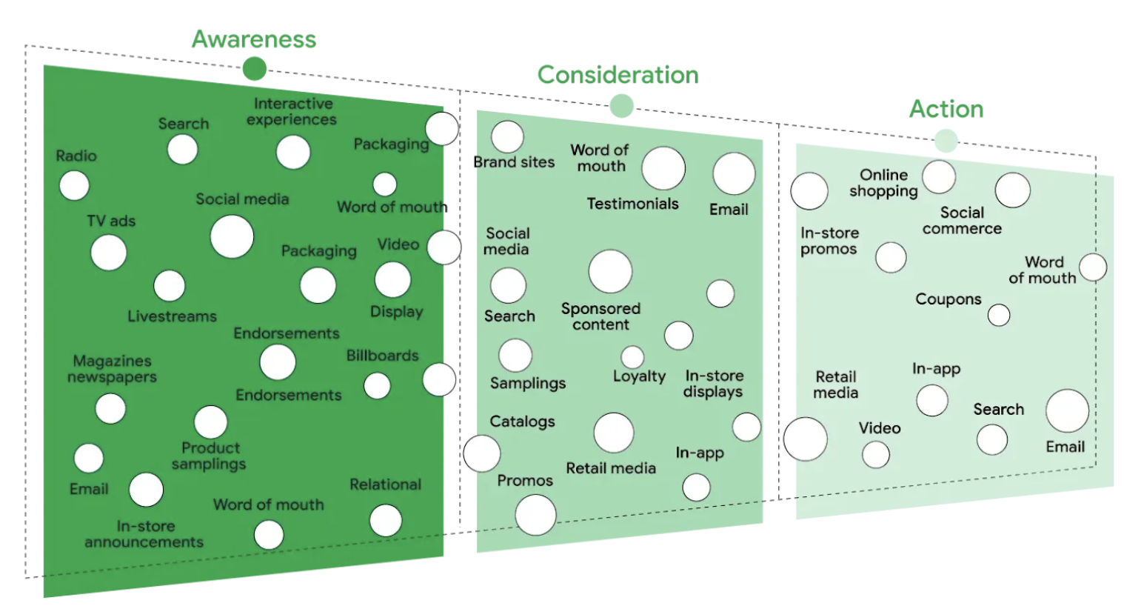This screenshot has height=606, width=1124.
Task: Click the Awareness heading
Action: pyautogui.click(x=254, y=39)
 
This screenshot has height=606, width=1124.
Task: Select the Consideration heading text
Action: pyautogui.click(x=618, y=75)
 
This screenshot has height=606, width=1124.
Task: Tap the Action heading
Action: pyautogui.click(x=946, y=110)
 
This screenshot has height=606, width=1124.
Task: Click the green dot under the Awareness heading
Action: pyautogui.click(x=254, y=69)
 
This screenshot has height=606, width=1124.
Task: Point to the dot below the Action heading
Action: pyautogui.click(x=946, y=140)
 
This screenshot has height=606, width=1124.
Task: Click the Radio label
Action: pyautogui.click(x=76, y=156)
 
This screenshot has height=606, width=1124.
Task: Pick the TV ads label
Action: pyautogui.click(x=111, y=221)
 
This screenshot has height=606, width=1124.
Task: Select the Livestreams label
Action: pyautogui.click(x=172, y=316)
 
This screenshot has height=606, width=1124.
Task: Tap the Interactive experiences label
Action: pyautogui.click(x=292, y=112)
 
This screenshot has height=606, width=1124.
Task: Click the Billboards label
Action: pyautogui.click(x=382, y=356)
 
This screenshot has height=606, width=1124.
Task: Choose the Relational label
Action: pyautogui.click(x=385, y=485)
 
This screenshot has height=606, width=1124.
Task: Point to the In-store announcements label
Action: pyautogui.click(x=144, y=534)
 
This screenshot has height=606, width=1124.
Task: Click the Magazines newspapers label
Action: pyautogui.click(x=112, y=369)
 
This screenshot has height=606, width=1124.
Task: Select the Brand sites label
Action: pyautogui.click(x=514, y=162)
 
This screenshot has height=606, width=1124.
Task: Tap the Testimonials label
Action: pyautogui.click(x=632, y=204)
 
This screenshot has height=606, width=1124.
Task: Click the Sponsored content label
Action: pyautogui.click(x=601, y=316)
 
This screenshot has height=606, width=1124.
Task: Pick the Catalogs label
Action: pyautogui.click(x=522, y=422)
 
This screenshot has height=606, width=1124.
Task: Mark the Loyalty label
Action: pyautogui.click(x=639, y=376)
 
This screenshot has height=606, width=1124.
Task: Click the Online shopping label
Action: pyautogui.click(x=883, y=183)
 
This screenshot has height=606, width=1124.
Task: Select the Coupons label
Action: pyautogui.click(x=948, y=299)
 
